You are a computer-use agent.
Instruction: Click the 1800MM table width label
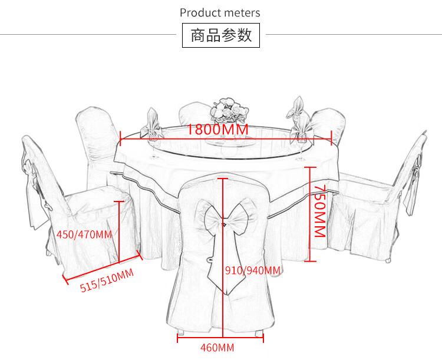pos(217,129)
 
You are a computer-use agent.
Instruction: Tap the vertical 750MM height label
pos(319,210)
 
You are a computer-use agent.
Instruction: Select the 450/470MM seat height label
pos(84,235)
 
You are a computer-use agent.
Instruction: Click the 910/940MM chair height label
pos(253,270)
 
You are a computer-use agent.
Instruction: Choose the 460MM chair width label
pos(217,347)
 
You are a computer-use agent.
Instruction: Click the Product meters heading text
pos(220,12)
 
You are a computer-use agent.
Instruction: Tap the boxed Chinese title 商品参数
pos(221,35)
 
